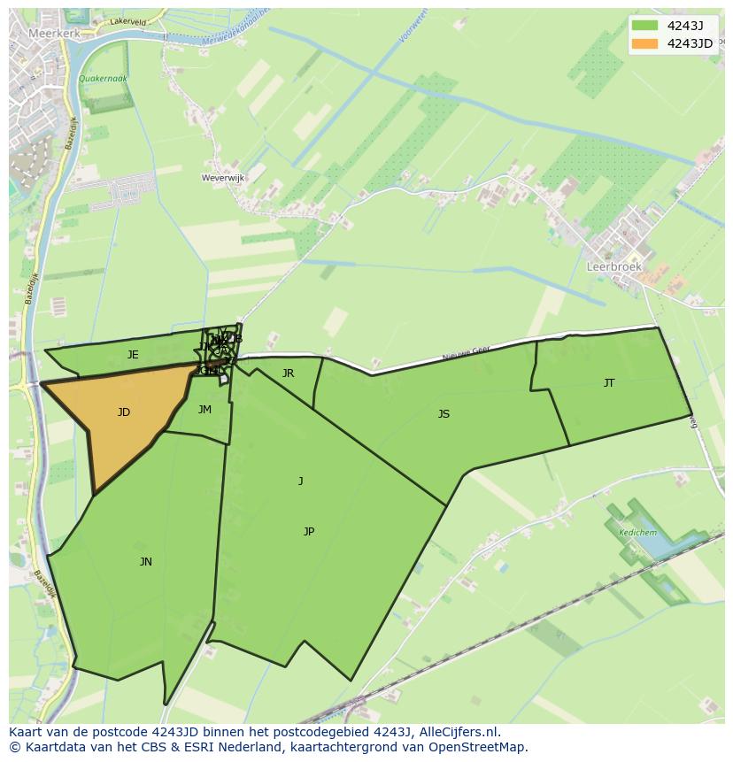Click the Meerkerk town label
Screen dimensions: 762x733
tap(54, 32)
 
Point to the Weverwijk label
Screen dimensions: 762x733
tap(223, 178)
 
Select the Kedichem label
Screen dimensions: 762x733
tap(637, 533)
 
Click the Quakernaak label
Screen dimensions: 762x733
tap(103, 79)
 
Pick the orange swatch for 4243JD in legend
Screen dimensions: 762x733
tap(644, 43)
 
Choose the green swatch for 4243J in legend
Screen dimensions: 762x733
tap(644, 26)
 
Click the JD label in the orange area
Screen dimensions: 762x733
tap(124, 412)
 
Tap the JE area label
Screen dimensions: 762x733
tap(133, 355)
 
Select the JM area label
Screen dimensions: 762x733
tap(204, 410)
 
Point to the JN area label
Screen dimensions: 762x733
tap(146, 562)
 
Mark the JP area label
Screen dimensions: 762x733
tap(309, 532)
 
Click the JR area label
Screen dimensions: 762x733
tap(288, 373)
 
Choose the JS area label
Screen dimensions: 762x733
tap(444, 414)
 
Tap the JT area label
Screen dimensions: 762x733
tap(609, 383)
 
